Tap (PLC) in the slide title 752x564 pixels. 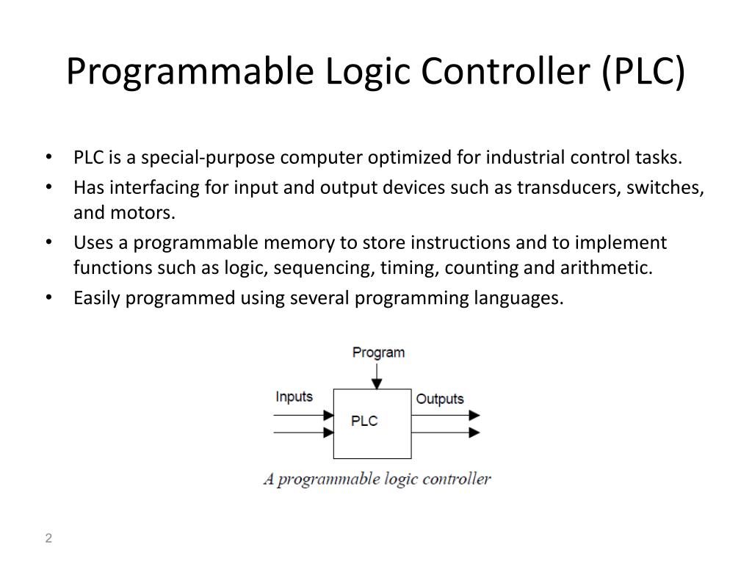(x=643, y=72)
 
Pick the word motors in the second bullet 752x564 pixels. (x=153, y=213)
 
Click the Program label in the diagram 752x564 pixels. (x=378, y=352)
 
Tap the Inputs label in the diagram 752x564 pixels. (x=294, y=397)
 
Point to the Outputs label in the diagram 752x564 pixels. (x=440, y=399)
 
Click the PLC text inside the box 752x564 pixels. (x=364, y=421)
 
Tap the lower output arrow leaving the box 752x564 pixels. (x=445, y=433)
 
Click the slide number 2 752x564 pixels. (x=48, y=538)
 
